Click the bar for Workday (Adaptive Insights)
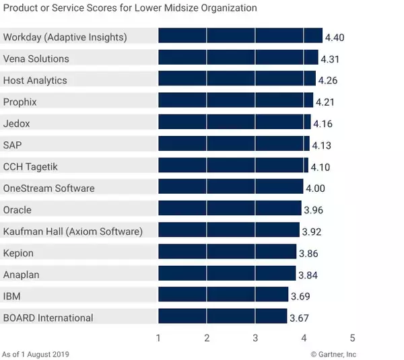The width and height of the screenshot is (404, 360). [240, 36]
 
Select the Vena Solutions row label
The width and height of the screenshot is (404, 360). [36, 59]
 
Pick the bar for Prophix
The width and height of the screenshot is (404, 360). [236, 102]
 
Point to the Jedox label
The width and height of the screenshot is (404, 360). [17, 124]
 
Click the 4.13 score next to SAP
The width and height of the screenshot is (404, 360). [322, 145]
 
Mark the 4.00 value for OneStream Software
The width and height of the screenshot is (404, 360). [316, 188]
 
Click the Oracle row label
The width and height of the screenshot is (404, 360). [18, 210]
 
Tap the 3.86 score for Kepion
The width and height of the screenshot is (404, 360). [308, 254]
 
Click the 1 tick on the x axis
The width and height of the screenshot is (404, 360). [158, 337]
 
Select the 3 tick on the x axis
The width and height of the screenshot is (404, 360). [255, 337]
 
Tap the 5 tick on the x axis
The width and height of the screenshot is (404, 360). [352, 337]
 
